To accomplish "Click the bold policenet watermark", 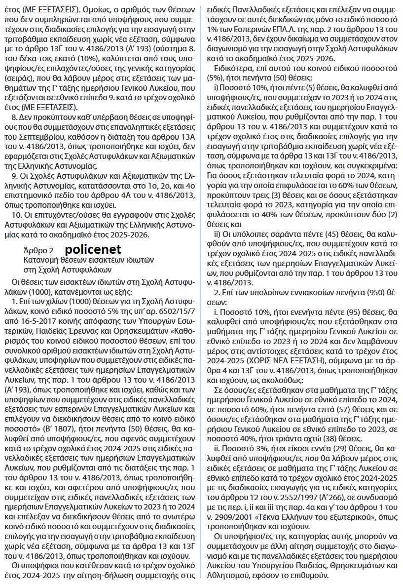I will tap(92, 249).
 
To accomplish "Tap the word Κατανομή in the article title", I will tap(42, 260).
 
